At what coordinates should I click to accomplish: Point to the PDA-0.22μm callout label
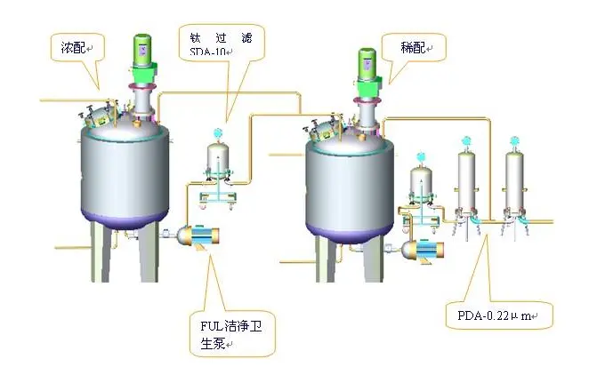click(x=498, y=314)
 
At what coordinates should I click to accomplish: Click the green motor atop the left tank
click(x=142, y=57)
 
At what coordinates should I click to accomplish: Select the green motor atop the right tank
click(x=367, y=63)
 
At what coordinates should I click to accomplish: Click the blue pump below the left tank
click(x=202, y=235)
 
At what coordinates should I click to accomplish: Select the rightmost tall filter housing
click(x=514, y=182)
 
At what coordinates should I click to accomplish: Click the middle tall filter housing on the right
click(x=466, y=182)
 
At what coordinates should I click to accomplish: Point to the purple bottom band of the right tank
click(x=348, y=228)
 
